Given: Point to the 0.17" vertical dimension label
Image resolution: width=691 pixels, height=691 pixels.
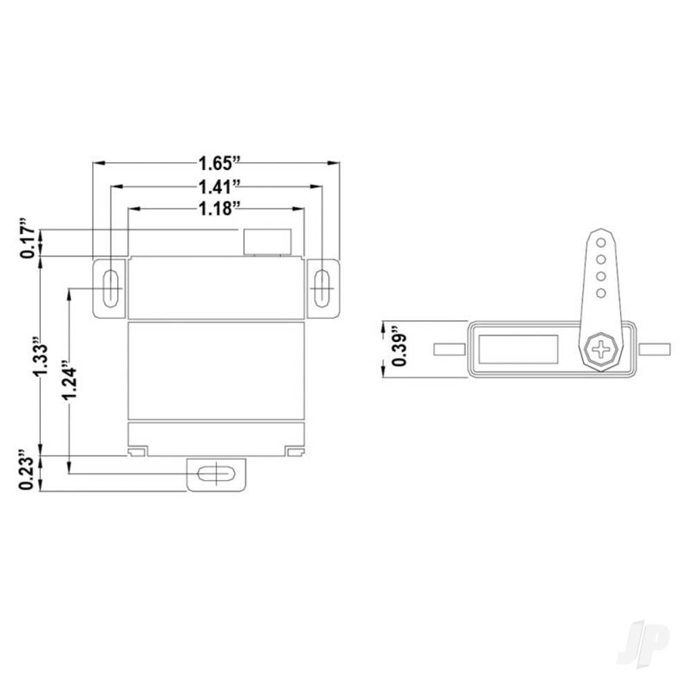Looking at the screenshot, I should [28, 240].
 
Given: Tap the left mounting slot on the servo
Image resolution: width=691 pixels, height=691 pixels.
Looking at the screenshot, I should [110, 288].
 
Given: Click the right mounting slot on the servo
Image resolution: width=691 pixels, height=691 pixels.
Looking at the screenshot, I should [322, 288].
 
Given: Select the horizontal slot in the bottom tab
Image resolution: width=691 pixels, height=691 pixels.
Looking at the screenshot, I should [217, 474].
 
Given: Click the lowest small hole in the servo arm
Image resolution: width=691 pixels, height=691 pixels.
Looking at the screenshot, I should [601, 293].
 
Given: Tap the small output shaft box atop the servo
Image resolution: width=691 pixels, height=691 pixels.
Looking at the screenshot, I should [267, 242].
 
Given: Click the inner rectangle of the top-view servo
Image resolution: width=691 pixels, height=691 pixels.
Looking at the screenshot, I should [519, 349].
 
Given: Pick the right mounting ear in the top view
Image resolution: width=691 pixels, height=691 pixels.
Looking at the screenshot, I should [654, 349].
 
